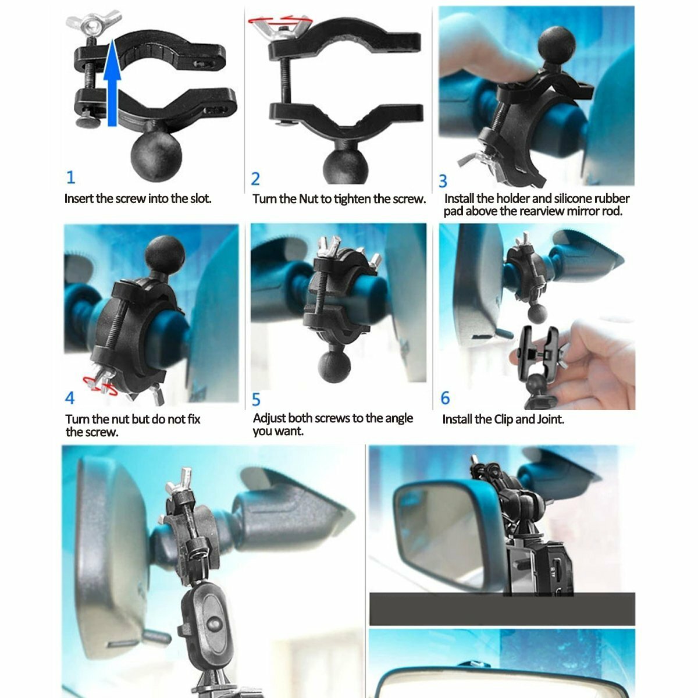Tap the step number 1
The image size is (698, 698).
71,177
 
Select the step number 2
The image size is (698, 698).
255,178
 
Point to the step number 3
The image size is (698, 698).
443,181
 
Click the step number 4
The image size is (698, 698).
70,398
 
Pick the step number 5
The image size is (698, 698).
257,400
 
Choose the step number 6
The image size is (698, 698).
446,398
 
